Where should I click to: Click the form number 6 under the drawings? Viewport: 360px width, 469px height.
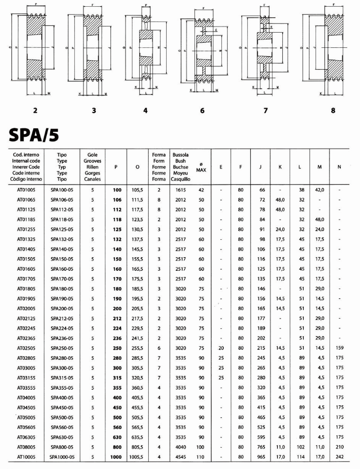click(x=202, y=111)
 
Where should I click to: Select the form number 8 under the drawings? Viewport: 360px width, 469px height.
click(x=333, y=111)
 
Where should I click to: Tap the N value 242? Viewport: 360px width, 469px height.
click(x=339, y=457)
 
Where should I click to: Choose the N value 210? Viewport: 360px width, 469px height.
click(x=339, y=447)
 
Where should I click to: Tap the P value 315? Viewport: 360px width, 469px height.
click(x=117, y=378)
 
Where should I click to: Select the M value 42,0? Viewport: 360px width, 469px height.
click(x=319, y=190)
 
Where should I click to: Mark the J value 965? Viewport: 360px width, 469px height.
click(x=261, y=457)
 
